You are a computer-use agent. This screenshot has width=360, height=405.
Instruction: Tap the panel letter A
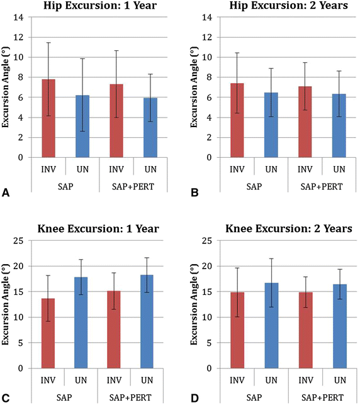(5, 195)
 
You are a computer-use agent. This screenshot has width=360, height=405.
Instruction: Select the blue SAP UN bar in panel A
(82, 126)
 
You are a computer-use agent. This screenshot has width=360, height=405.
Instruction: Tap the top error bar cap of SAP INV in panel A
(48, 43)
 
